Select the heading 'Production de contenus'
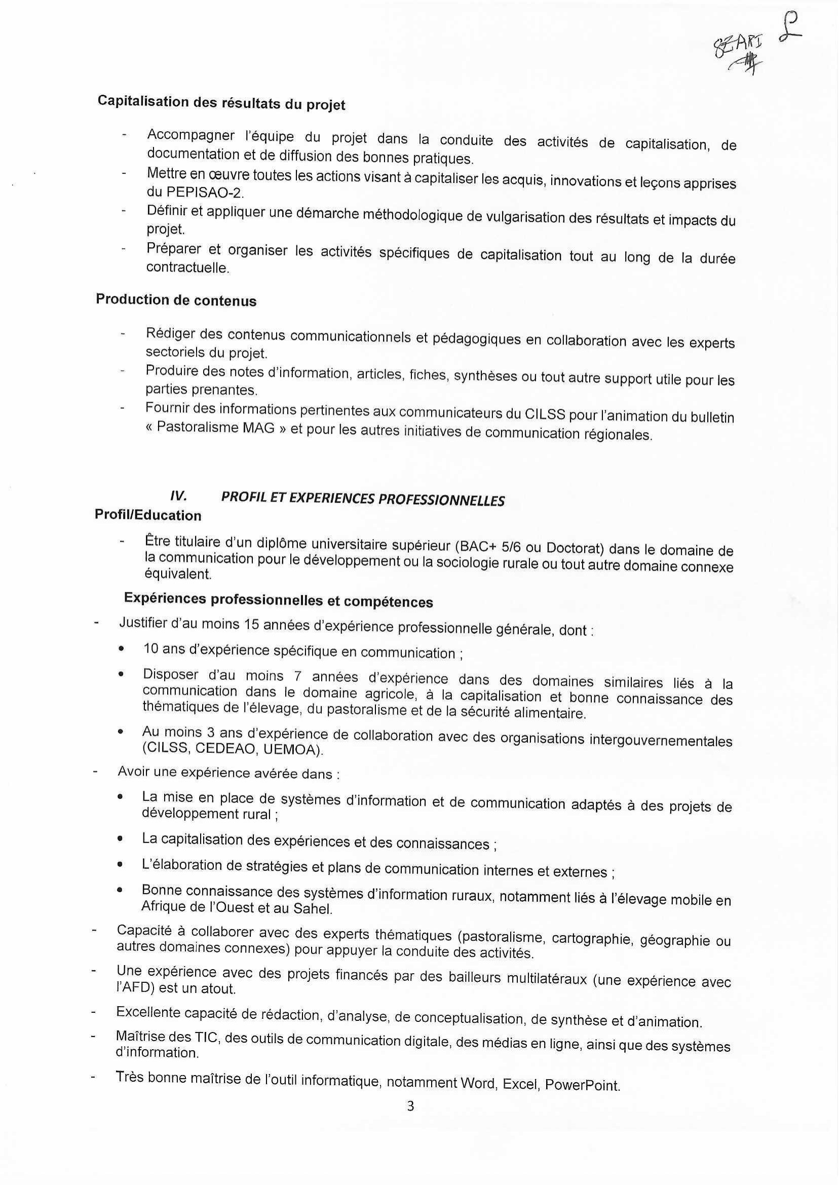[x=176, y=300]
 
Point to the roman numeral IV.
[x=178, y=496]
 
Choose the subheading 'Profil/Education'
[x=148, y=515]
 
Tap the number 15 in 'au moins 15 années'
[x=251, y=625]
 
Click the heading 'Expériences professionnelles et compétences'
[x=279, y=600]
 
